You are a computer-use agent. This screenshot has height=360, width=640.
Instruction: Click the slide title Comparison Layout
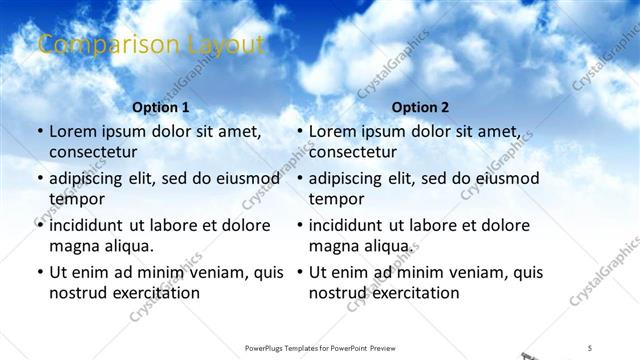tap(151, 44)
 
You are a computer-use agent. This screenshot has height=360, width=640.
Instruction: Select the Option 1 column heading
tap(160, 107)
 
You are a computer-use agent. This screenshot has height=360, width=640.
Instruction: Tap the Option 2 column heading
tap(420, 107)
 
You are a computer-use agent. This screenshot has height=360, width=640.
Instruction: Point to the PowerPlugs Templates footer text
tap(320, 348)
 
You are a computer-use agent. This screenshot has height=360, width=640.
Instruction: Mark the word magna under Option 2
tap(332, 246)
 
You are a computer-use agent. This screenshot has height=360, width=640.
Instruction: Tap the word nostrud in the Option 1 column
tap(77, 293)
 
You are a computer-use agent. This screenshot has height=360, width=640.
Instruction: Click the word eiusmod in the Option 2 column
tap(506, 179)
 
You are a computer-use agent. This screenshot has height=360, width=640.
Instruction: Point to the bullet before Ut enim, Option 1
tap(38, 272)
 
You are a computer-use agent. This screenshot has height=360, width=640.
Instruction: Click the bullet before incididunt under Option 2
tap(298, 226)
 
